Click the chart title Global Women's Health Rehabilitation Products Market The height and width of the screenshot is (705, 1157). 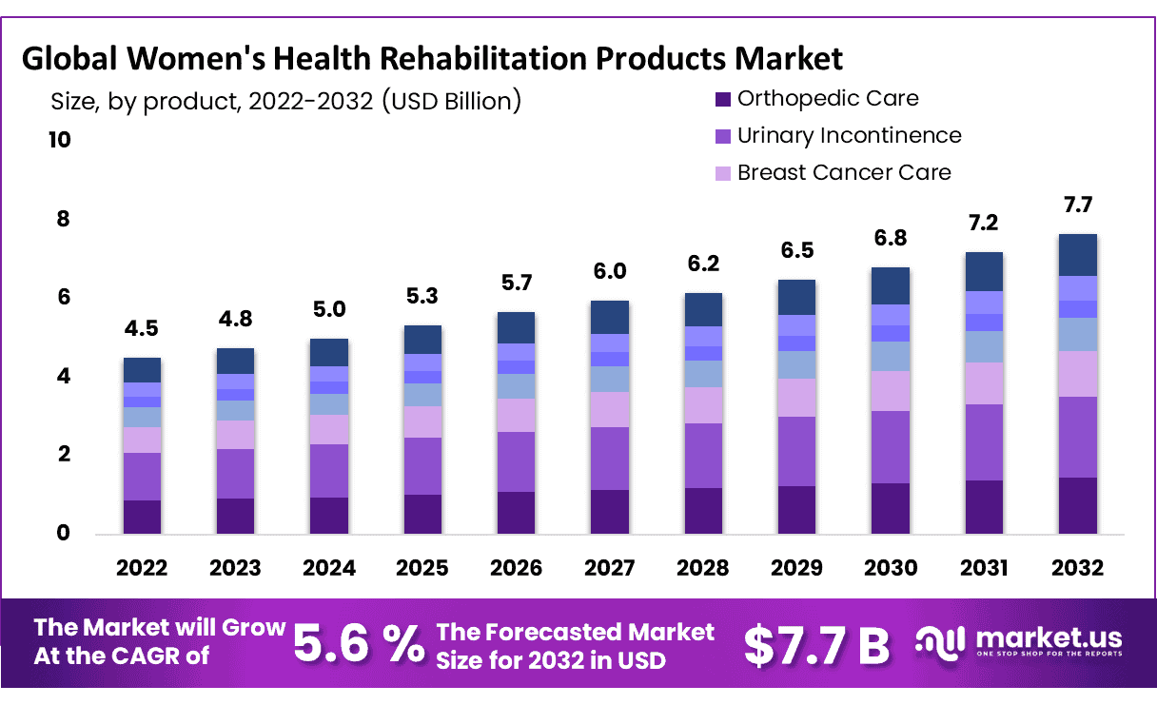tap(432, 59)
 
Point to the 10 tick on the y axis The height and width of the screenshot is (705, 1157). tap(59, 141)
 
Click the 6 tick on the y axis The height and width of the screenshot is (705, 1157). tap(61, 298)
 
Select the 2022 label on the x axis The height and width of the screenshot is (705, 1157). tap(142, 568)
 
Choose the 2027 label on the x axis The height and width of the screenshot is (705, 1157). tap(610, 568)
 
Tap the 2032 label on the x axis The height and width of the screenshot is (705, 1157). tap(1078, 568)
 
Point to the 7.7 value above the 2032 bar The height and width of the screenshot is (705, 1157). tap(1078, 206)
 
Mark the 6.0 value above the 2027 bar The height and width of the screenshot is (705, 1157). tap(610, 271)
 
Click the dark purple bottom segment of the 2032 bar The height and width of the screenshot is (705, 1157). tap(1078, 505)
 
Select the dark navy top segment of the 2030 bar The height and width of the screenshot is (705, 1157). tap(891, 285)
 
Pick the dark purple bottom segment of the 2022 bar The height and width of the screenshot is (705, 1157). tap(142, 517)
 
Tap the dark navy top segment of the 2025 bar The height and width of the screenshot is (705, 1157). tap(422, 340)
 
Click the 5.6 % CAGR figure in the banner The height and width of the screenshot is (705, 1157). tap(358, 644)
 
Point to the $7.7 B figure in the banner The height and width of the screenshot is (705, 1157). tap(816, 645)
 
